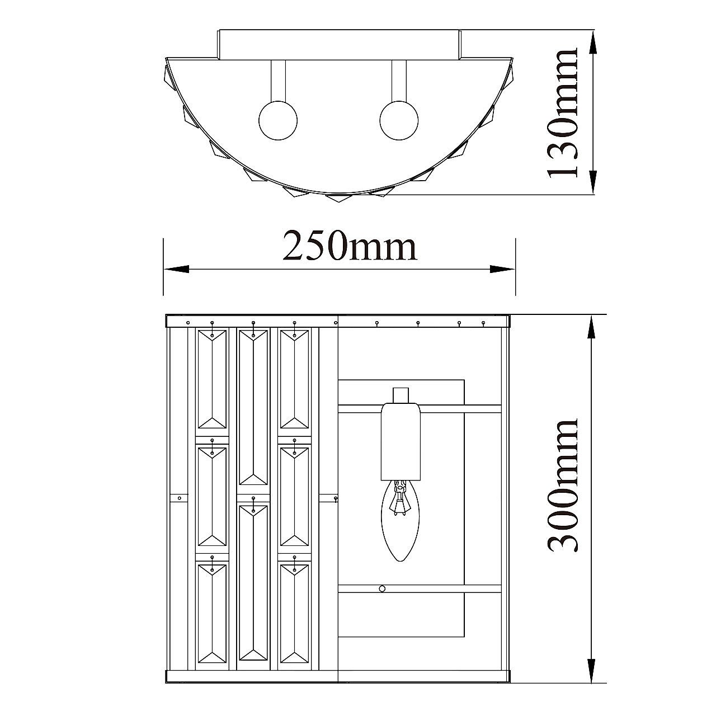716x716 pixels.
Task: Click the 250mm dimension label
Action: tap(350, 246)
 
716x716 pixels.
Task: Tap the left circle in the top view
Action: tap(278, 120)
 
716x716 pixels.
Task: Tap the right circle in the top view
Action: tap(399, 120)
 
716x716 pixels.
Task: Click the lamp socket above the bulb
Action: tap(401, 441)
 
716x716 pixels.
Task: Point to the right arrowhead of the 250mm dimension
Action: tap(502, 269)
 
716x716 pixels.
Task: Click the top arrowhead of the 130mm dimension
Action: tap(593, 43)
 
